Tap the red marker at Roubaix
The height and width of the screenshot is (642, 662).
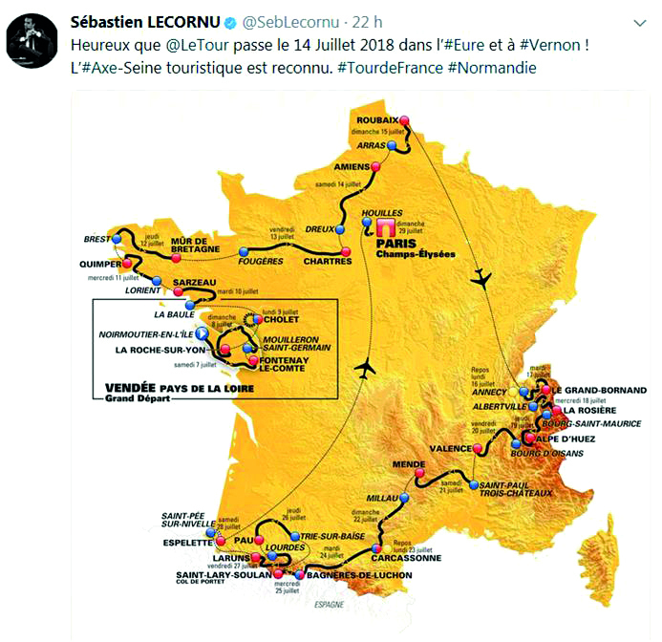[404, 119]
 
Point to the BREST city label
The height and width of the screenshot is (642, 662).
[97, 240]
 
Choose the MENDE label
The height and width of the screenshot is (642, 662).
[408, 464]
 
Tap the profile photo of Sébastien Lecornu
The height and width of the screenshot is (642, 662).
[30, 41]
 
